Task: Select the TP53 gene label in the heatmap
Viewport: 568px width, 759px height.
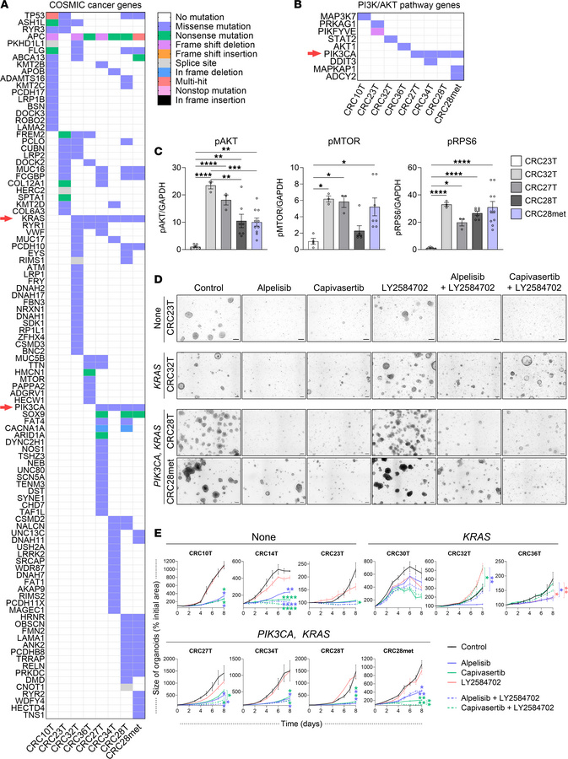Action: pos(32,16)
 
